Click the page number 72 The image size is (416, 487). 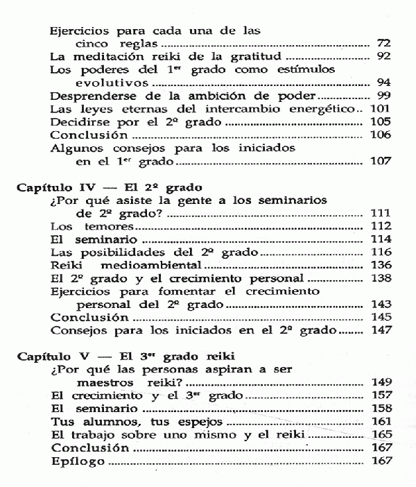pos(383,43)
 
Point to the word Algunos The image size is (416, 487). pos(76,148)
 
